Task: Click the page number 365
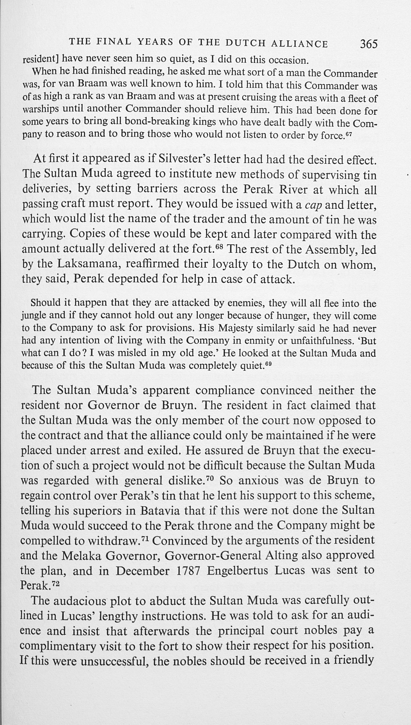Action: [369, 44]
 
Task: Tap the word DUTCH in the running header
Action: [245, 44]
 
